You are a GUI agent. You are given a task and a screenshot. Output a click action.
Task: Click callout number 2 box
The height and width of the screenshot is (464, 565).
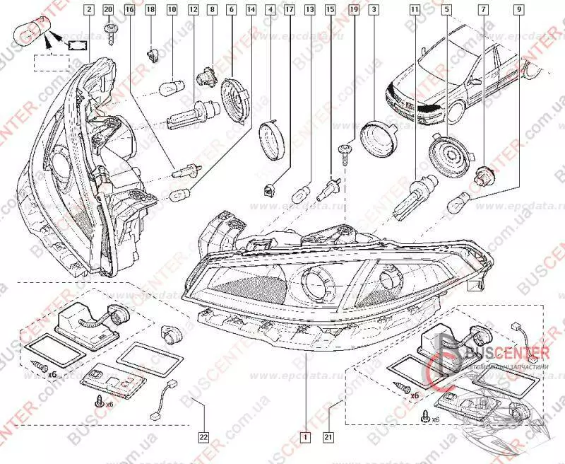(x=88, y=10)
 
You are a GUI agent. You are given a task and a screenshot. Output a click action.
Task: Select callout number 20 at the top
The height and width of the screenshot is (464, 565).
(x=108, y=10)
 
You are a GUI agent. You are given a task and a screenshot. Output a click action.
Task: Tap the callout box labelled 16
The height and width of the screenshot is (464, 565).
(x=129, y=10)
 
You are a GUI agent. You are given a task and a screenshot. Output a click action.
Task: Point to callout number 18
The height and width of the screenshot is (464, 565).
(x=150, y=10)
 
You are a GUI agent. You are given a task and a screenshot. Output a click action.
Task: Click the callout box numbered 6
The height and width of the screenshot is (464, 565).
(x=231, y=10)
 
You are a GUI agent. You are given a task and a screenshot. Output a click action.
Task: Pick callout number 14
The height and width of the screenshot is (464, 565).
(x=251, y=10)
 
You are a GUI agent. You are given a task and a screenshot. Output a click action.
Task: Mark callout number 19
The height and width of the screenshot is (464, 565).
(x=353, y=10)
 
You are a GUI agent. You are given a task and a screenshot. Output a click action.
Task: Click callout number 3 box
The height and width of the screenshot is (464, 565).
(x=372, y=10)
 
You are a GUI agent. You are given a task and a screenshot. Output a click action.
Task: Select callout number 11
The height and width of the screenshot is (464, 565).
(x=413, y=10)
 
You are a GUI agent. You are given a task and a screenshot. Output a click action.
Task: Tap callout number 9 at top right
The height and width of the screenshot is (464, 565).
(x=519, y=10)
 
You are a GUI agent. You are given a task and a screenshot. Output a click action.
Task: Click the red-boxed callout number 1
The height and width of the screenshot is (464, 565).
(x=304, y=436)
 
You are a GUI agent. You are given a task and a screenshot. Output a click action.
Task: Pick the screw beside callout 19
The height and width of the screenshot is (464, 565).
(x=344, y=151)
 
